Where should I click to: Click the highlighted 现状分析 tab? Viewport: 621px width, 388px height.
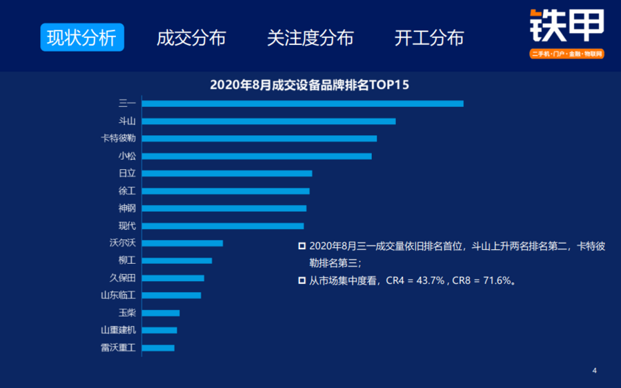[x=82, y=38]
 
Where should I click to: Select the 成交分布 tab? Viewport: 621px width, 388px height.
[x=191, y=38]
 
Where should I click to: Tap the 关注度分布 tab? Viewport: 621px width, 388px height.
[x=310, y=38]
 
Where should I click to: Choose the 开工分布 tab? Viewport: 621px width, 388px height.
[x=429, y=38]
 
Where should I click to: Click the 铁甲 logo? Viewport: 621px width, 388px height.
[x=566, y=26]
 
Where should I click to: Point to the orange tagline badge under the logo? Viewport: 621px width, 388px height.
[x=566, y=53]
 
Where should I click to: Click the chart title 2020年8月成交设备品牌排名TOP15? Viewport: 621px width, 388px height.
[x=309, y=85]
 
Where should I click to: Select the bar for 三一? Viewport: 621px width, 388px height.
[x=303, y=104]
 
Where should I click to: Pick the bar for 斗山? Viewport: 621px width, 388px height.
[x=268, y=122]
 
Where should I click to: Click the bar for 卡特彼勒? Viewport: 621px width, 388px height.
[x=259, y=139]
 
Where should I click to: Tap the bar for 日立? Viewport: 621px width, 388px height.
[x=227, y=173]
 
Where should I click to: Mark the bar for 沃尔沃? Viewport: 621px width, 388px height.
[x=183, y=243]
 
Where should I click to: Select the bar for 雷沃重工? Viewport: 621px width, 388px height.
[x=158, y=348]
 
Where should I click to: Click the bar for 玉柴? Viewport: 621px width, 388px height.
[x=161, y=313]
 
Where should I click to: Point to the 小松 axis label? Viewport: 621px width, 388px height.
[x=127, y=156]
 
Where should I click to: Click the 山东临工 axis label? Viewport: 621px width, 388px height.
[x=119, y=295]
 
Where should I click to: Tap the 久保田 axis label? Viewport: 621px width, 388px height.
[x=123, y=278]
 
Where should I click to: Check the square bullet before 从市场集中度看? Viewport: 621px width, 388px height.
[x=302, y=280]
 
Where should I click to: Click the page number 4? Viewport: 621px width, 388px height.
[x=595, y=371]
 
